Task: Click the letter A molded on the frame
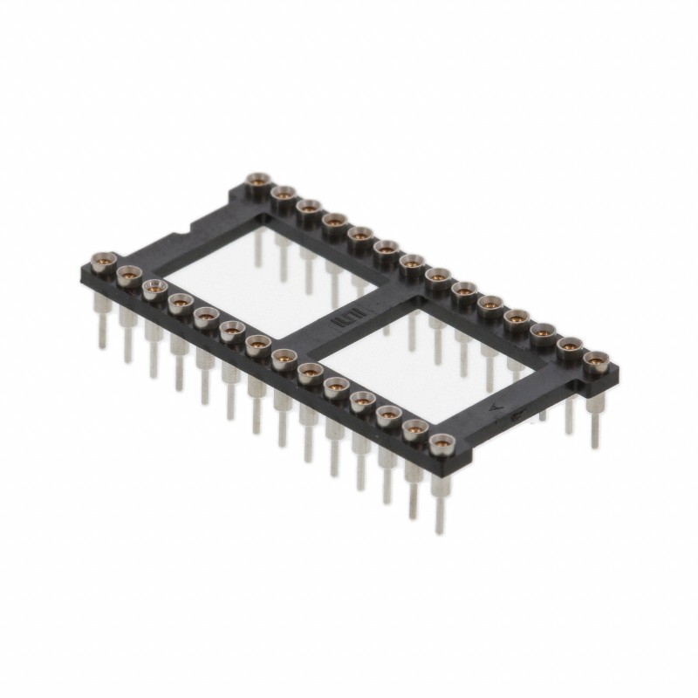[x=496, y=407]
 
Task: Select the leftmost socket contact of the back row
[x=257, y=180]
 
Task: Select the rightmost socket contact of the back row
[x=596, y=359]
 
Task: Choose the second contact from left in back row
[x=283, y=193]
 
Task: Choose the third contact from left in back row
[x=307, y=207]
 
